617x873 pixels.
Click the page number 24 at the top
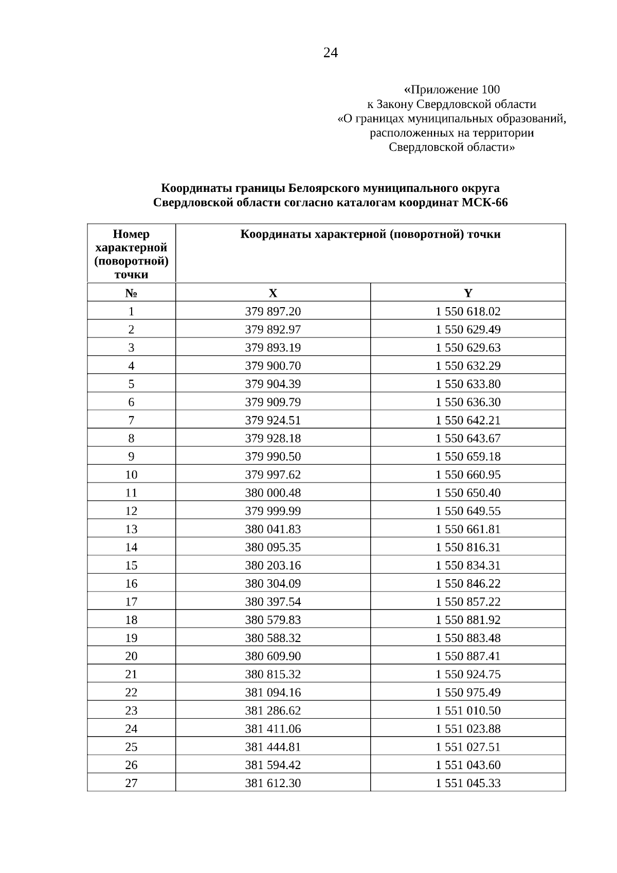[x=330, y=53]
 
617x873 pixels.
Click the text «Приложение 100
[x=452, y=90]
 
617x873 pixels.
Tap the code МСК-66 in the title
[x=484, y=203]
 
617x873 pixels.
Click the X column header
[x=273, y=293]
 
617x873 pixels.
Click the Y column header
[x=468, y=293]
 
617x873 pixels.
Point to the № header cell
[x=131, y=293]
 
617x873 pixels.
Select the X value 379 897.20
[x=273, y=311]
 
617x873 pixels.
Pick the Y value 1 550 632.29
[x=468, y=366]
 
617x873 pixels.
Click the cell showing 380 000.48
[x=273, y=493]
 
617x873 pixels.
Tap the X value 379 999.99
[x=273, y=511]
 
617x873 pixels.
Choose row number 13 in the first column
[x=131, y=529]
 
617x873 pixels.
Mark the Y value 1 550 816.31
[x=468, y=547]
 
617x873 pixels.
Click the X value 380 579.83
[x=273, y=620]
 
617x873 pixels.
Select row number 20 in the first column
[x=131, y=656]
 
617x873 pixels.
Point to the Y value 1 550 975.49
[x=468, y=692]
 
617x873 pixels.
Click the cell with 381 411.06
[x=273, y=728]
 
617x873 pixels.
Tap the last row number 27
[x=131, y=783]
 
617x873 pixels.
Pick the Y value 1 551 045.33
[x=468, y=783]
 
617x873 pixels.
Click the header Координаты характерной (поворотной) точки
[x=370, y=235]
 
